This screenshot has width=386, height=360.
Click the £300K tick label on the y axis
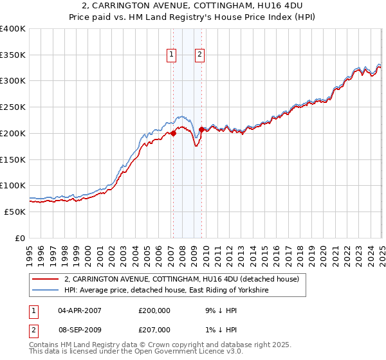[x=13, y=81]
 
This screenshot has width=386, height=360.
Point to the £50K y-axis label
[x=15, y=212]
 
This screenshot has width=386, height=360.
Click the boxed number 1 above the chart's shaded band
[x=172, y=55]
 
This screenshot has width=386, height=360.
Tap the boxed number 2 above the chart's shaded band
[x=201, y=55]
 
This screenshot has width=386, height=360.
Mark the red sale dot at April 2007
[x=173, y=134]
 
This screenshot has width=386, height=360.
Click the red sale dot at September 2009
[x=201, y=130]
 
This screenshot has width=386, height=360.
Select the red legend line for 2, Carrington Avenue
[x=45, y=280]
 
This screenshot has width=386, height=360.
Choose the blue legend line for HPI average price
[x=45, y=291]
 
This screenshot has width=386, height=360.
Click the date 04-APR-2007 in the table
[x=80, y=310]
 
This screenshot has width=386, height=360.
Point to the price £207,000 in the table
[x=154, y=329]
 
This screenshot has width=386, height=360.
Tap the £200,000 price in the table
[x=154, y=310]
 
